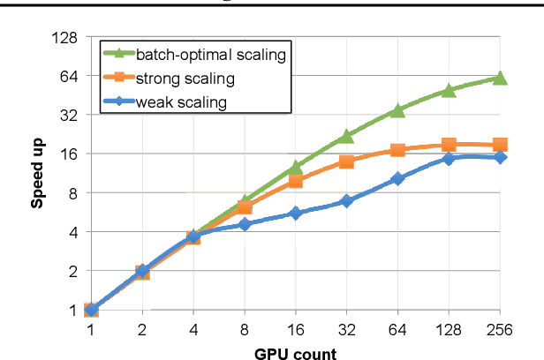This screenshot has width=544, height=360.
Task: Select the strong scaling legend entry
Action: (x=185, y=79)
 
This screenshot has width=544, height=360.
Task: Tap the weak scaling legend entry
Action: (x=180, y=102)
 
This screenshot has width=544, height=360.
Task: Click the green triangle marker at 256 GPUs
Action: (x=500, y=79)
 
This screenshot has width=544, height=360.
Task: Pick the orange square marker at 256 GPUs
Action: (x=500, y=145)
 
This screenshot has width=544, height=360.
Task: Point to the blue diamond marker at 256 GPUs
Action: (x=500, y=157)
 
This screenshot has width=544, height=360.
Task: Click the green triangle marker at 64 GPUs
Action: (x=398, y=110)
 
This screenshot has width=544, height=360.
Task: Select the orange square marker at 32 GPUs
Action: (x=347, y=162)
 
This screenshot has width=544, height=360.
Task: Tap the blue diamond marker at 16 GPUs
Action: (x=296, y=214)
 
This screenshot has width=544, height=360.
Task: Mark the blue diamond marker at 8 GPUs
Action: (x=246, y=225)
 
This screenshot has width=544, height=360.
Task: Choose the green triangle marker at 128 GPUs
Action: (x=449, y=91)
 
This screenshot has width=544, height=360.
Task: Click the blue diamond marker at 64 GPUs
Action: (x=398, y=179)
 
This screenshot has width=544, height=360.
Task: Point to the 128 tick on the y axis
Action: (x=67, y=38)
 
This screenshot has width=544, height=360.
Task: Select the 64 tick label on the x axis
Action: (x=398, y=329)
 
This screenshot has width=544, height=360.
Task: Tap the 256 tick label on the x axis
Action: (x=500, y=329)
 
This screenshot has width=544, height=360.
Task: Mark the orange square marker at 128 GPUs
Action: (x=449, y=145)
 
